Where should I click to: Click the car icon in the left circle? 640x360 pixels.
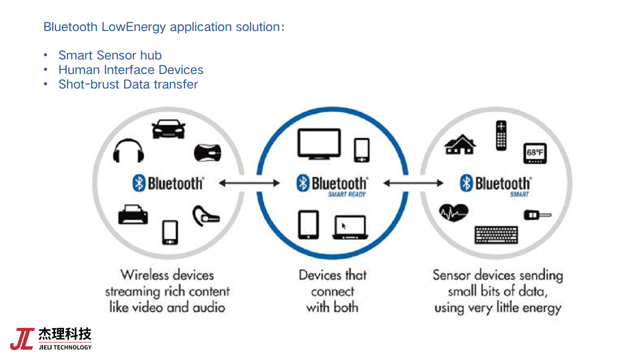click(168, 129)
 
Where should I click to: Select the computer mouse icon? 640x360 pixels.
click(207, 152)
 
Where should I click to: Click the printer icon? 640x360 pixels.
click(133, 214)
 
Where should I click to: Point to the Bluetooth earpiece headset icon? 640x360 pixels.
click(205, 215)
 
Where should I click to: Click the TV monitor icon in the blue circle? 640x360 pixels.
click(319, 144)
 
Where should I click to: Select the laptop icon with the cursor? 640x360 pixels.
click(350, 227)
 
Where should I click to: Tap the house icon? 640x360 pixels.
click(460, 144)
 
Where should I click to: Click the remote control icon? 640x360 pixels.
click(501, 135)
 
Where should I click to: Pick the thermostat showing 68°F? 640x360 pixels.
click(535, 153)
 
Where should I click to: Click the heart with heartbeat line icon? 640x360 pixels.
click(453, 213)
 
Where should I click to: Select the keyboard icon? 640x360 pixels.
click(496, 234)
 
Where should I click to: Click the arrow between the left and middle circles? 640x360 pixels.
click(249, 183)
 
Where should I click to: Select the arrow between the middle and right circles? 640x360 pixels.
click(413, 183)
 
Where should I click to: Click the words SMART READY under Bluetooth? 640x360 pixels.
click(347, 194)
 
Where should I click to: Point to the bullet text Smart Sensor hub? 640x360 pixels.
click(110, 55)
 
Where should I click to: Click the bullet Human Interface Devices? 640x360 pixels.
click(131, 69)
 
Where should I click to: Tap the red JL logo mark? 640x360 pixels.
click(22, 339)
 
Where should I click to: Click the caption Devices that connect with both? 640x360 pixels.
click(332, 290)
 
